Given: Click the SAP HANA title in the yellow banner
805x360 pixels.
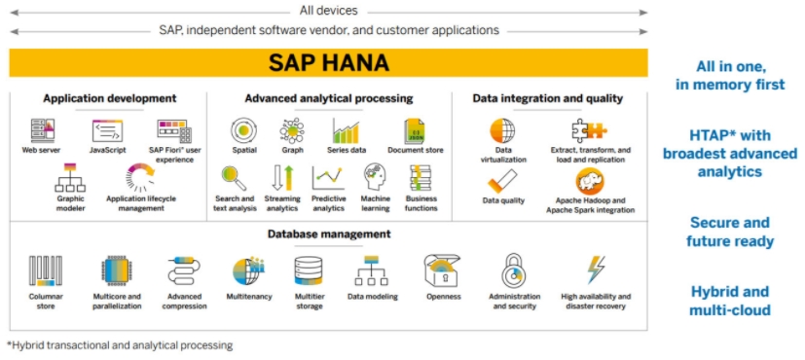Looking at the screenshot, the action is pyautogui.click(x=329, y=63).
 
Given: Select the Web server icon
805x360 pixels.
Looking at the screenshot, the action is pyautogui.click(x=42, y=130).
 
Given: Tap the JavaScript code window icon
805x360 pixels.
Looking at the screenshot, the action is pyautogui.click(x=107, y=130).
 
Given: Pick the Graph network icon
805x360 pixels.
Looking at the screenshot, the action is pyautogui.click(x=292, y=130).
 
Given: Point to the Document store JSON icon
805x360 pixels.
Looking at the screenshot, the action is pyautogui.click(x=414, y=130).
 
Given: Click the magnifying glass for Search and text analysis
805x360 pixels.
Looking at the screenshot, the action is pyautogui.click(x=234, y=177).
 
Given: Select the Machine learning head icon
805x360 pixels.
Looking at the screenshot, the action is pyautogui.click(x=375, y=177).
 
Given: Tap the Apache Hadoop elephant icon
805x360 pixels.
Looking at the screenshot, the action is pyautogui.click(x=590, y=182).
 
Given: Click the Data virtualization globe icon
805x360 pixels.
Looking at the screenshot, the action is pyautogui.click(x=502, y=130).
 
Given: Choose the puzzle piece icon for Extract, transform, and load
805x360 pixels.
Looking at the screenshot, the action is pyautogui.click(x=589, y=130).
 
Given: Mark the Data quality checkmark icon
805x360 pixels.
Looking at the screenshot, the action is pyautogui.click(x=502, y=181).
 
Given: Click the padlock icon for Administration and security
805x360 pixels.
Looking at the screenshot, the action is pyautogui.click(x=514, y=270).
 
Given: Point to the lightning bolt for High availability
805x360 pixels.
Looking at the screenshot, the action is pyautogui.click(x=596, y=270).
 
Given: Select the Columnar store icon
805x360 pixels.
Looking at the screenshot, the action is pyautogui.click(x=46, y=270).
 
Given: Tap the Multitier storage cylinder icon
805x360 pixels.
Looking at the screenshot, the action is pyautogui.click(x=309, y=270).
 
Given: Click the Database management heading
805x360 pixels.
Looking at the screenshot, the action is pyautogui.click(x=329, y=234).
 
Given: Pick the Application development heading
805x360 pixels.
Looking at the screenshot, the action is pyautogui.click(x=110, y=98).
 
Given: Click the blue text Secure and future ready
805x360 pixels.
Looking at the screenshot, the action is pyautogui.click(x=730, y=232).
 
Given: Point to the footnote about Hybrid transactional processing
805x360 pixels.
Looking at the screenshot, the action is pyautogui.click(x=120, y=345).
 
